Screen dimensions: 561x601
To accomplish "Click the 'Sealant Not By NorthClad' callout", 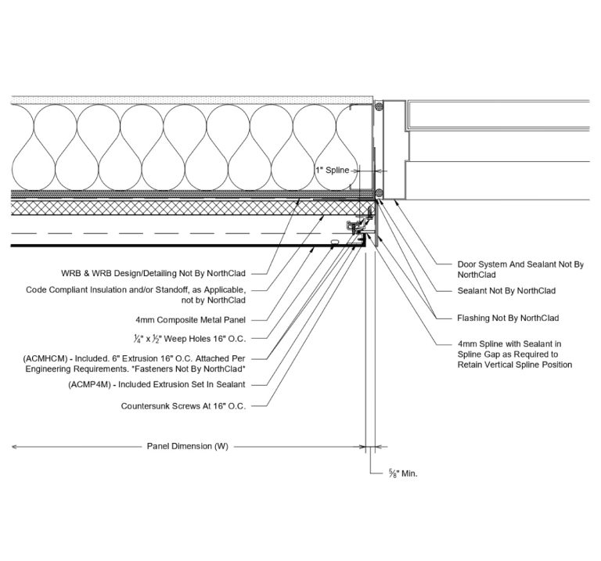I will tap(506, 291).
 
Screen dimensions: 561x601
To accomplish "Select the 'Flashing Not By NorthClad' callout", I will tap(508, 318).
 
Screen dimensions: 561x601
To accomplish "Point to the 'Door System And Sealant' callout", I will tap(520, 264).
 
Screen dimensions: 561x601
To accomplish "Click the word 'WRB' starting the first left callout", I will tap(71, 275).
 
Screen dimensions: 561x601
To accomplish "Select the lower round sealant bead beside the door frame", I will tap(379, 193).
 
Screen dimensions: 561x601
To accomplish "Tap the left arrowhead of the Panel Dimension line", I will tap(13, 447).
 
